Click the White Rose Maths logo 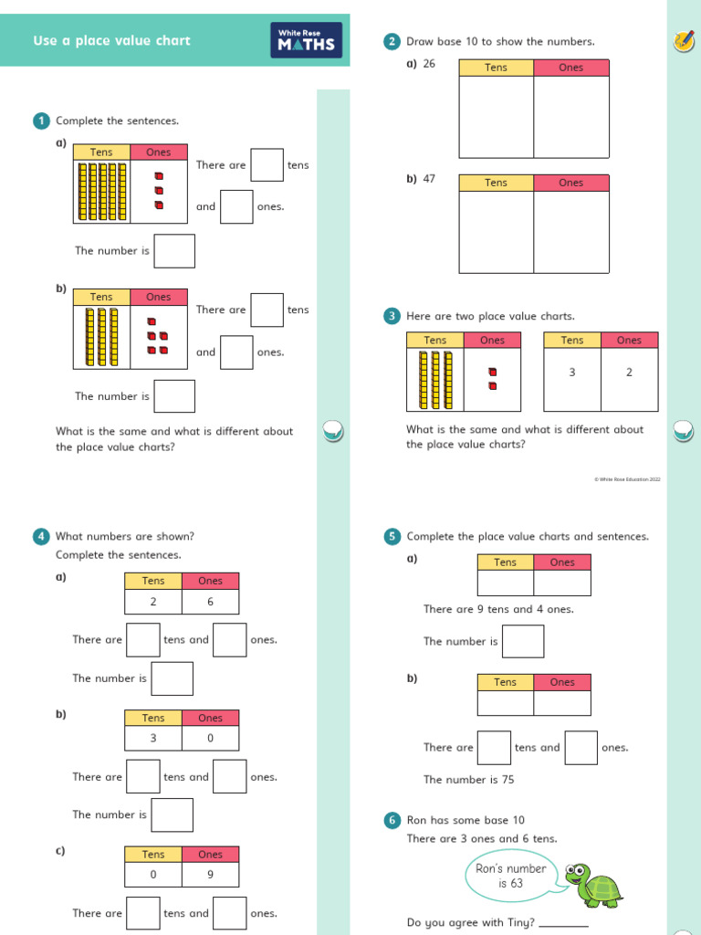click(x=306, y=41)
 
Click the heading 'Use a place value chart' click(x=111, y=41)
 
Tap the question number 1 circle click(x=41, y=121)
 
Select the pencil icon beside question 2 click(x=682, y=40)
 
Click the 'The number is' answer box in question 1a click(x=174, y=251)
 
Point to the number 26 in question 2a click(x=429, y=64)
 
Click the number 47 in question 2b click(x=429, y=179)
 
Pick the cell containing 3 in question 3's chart click(x=572, y=373)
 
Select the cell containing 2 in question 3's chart click(x=629, y=373)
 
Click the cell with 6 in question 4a click(x=210, y=601)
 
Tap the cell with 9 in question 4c click(x=210, y=874)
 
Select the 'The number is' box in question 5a click(x=523, y=641)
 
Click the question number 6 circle click(x=392, y=820)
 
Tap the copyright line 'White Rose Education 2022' click(x=627, y=478)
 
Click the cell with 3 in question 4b click(x=153, y=738)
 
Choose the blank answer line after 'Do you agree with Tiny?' click(x=563, y=925)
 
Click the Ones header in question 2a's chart click(x=570, y=68)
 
